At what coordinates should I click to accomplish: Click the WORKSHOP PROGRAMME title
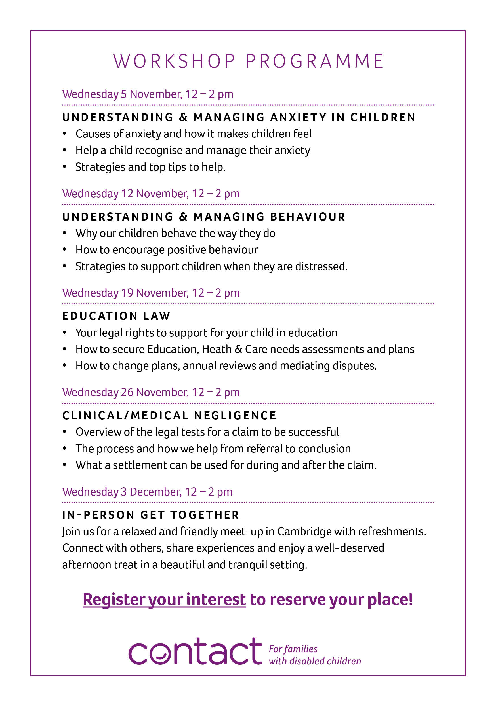248,61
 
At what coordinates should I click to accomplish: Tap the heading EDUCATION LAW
116,316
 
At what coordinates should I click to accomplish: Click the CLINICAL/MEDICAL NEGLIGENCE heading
169,416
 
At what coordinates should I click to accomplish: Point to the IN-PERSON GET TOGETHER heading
150,515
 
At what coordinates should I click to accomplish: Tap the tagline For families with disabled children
314,655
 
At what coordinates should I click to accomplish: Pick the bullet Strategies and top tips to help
150,167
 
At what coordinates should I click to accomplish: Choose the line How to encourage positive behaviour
167,250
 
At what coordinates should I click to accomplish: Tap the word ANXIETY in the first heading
298,117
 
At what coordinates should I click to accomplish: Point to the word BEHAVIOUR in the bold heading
308,217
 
